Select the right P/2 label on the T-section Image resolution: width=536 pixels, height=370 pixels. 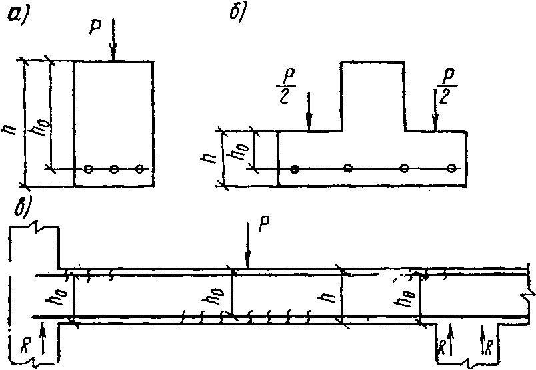tap(443, 85)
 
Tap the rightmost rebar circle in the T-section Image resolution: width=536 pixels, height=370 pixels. tap(453, 168)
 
